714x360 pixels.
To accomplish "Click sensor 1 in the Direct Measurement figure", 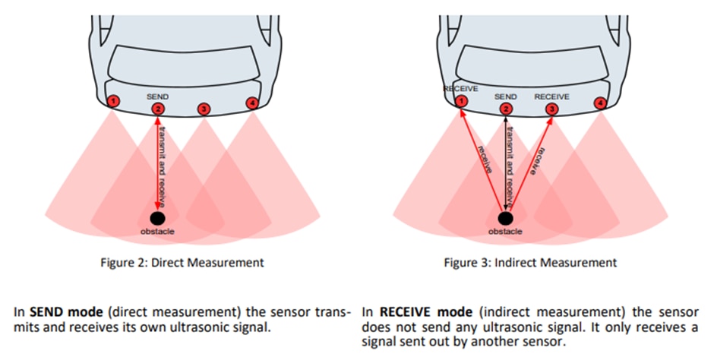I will [112, 101].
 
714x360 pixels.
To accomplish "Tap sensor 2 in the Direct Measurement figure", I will [157, 109].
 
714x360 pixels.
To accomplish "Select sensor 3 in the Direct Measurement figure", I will [204, 109].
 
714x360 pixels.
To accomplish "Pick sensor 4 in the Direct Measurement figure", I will [252, 102].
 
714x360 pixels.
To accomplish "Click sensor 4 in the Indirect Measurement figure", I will [601, 102].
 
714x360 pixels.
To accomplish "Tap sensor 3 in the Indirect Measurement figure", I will [551, 109].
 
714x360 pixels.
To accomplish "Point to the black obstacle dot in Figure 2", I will [157, 219].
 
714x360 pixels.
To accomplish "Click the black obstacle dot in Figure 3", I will [505, 219].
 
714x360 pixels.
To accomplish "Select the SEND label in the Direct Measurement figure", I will [157, 97].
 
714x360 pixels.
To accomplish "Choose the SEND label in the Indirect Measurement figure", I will [505, 97].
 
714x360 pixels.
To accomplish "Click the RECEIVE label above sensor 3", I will [551, 97].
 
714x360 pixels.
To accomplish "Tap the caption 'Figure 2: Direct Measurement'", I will [182, 263].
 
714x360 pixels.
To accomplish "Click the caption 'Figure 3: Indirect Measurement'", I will [530, 263].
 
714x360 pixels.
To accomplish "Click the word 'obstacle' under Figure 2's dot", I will [157, 231].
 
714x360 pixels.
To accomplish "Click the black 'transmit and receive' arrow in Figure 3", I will [505, 163].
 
